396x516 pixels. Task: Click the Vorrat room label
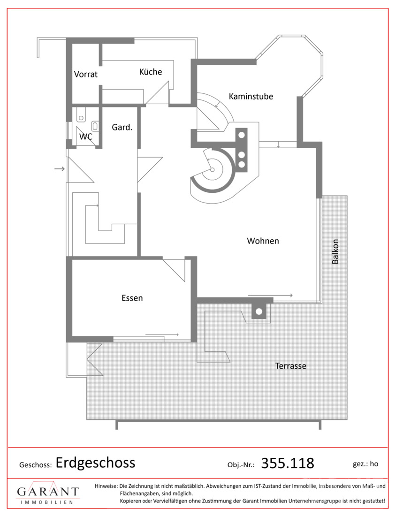click(x=85, y=75)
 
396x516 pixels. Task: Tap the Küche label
click(x=151, y=72)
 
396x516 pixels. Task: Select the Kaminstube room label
click(x=251, y=97)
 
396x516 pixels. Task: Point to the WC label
click(x=85, y=136)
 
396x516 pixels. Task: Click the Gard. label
click(x=122, y=127)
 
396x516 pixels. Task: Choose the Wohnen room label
click(x=263, y=241)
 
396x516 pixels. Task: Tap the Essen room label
click(x=132, y=298)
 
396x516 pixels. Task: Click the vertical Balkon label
click(x=335, y=251)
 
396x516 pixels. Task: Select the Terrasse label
click(x=290, y=366)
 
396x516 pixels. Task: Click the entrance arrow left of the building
click(x=60, y=169)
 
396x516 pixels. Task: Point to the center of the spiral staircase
click(x=213, y=169)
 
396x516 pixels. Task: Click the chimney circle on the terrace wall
click(x=259, y=311)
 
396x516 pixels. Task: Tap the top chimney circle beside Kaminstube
click(x=242, y=135)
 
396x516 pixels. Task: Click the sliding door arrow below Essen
click(x=162, y=335)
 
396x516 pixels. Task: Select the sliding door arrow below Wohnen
click(x=270, y=296)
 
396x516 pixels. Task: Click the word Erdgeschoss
click(x=95, y=463)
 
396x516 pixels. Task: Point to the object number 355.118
click(x=288, y=463)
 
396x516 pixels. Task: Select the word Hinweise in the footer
click(x=106, y=486)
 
